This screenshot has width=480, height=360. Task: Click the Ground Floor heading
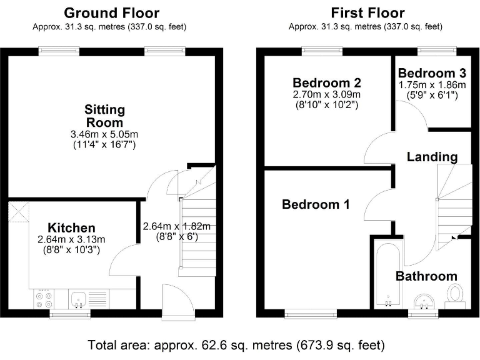pyautogui.click(x=111, y=12)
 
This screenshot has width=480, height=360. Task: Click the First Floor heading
pyautogui.click(x=367, y=12)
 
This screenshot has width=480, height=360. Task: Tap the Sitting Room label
pyautogui.click(x=105, y=116)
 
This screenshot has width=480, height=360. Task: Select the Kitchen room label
pyautogui.click(x=72, y=227)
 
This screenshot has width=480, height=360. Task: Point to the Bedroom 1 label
pyautogui.click(x=315, y=204)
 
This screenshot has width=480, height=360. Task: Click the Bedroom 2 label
pyautogui.click(x=327, y=82)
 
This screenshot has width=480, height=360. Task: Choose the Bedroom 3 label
pyautogui.click(x=432, y=72)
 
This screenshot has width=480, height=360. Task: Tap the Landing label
pyautogui.click(x=432, y=157)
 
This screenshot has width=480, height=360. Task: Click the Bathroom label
pyautogui.click(x=426, y=276)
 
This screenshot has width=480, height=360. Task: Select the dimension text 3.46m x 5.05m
pyautogui.click(x=105, y=134)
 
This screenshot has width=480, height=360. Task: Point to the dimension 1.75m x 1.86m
pyautogui.click(x=432, y=84)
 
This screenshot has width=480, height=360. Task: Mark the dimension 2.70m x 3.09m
pyautogui.click(x=327, y=94)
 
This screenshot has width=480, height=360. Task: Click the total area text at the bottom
pyautogui.click(x=236, y=344)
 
